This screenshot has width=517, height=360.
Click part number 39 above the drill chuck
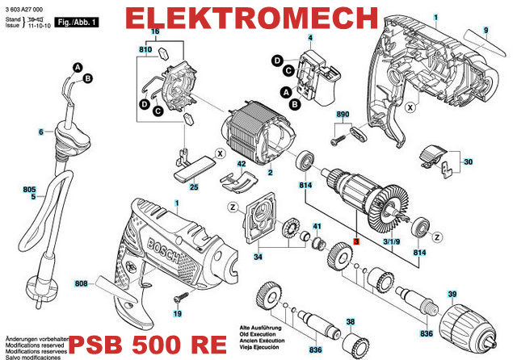[x=452, y=294]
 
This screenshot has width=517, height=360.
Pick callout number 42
[x=241, y=164]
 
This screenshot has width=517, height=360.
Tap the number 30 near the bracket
[x=467, y=162]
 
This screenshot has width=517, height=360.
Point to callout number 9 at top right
[x=486, y=30]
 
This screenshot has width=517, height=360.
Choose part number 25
[x=193, y=187]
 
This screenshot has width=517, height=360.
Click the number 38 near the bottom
[x=351, y=322]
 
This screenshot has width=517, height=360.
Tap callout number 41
[x=317, y=225]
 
